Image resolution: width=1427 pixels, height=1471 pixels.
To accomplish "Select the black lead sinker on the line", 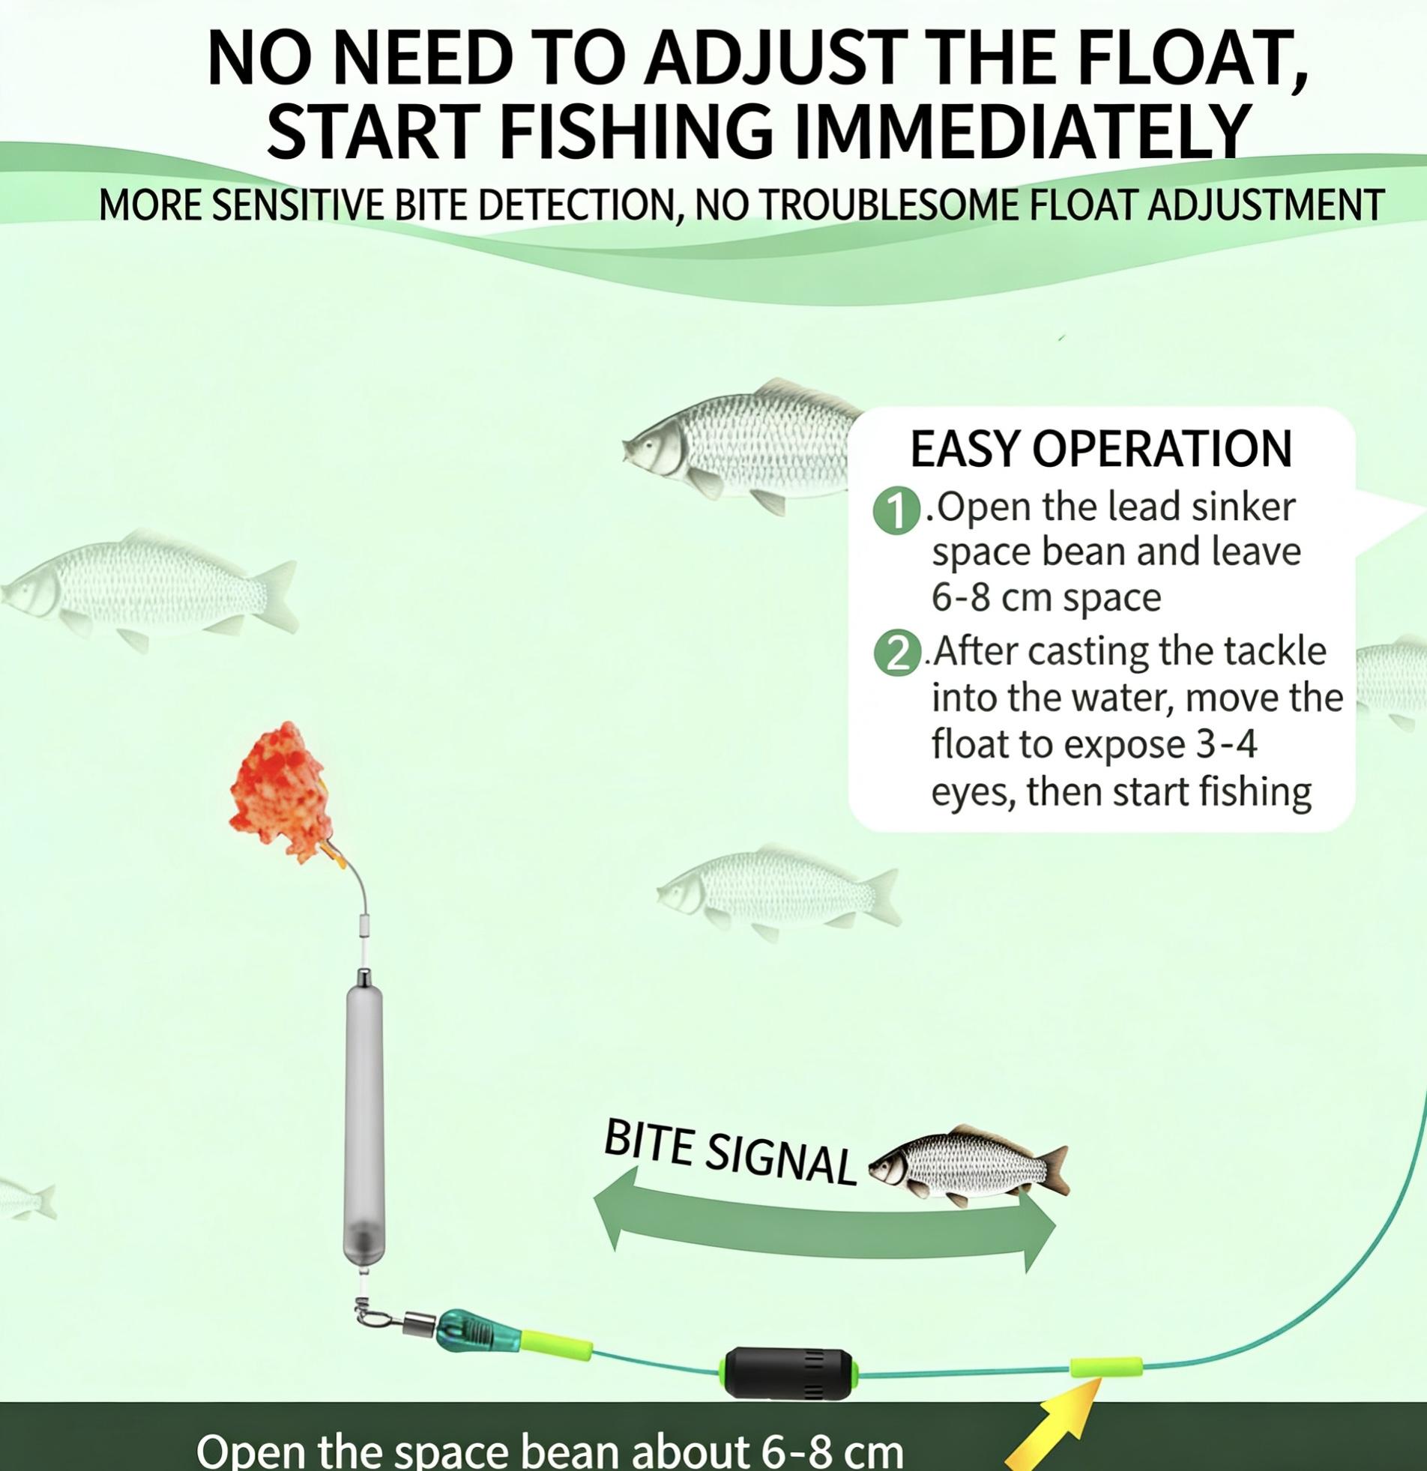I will tap(788, 1373).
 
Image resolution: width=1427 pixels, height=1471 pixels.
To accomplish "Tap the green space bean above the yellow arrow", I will tap(1105, 1367).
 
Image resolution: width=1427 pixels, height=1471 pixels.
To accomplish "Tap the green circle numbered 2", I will tap(898, 654).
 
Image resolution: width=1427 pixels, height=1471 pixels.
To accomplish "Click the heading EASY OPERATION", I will tap(1100, 449).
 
